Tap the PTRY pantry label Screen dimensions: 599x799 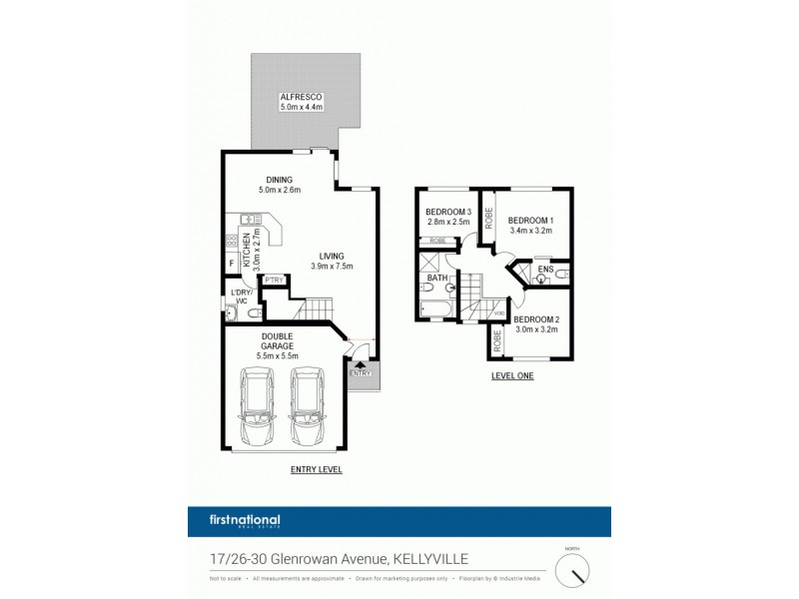pyautogui.click(x=275, y=279)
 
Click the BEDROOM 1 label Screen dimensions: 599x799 pyautogui.click(x=530, y=220)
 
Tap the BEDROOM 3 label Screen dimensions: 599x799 pyautogui.click(x=447, y=212)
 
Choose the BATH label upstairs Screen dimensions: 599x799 pyautogui.click(x=438, y=279)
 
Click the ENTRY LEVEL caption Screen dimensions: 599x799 pyautogui.click(x=316, y=468)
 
